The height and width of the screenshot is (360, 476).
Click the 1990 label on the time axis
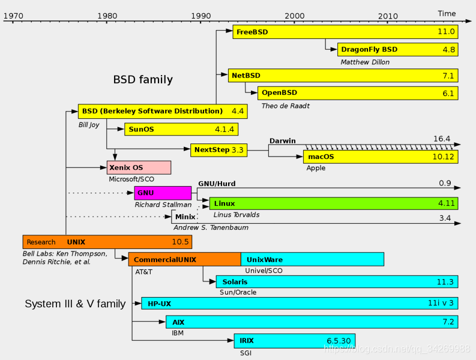[201, 15]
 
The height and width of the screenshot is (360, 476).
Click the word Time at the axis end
[447, 13]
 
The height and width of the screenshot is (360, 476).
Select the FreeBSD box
[345, 32]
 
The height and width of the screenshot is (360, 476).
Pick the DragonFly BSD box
[398, 49]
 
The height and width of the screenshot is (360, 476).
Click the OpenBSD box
[358, 93]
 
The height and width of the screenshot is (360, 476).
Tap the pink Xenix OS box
[139, 167]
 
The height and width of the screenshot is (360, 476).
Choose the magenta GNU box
[163, 193]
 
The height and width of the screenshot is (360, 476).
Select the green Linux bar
[333, 203]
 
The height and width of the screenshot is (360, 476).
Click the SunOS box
[181, 129]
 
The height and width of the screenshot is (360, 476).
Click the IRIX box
[294, 341]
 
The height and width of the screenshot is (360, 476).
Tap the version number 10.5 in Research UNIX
[181, 242]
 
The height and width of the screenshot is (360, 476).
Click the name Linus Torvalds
[236, 215]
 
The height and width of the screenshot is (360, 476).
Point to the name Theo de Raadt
[286, 106]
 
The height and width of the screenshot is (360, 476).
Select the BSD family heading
[143, 80]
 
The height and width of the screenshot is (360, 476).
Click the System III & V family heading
[75, 304]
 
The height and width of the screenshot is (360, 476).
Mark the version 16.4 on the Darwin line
[442, 139]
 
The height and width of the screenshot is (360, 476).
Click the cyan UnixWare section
[312, 260]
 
